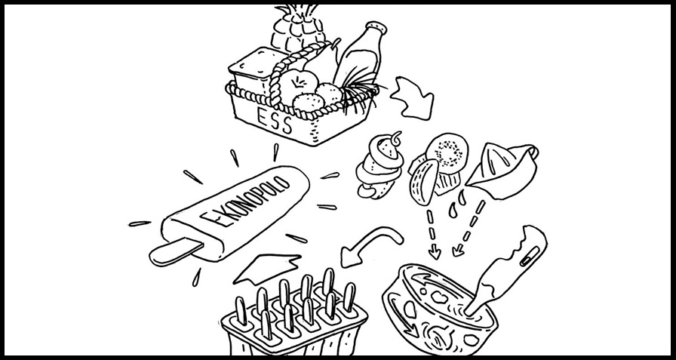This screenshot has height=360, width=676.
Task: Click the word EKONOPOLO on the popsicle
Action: [x=245, y=201]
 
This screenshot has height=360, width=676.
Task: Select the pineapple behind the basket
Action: [x=297, y=29]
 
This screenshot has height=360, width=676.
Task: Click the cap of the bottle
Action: [x=376, y=28]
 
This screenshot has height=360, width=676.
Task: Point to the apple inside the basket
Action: [x=298, y=85]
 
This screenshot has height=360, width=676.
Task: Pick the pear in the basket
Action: [x=322, y=62]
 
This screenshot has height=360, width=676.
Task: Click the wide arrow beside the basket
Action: [x=412, y=99]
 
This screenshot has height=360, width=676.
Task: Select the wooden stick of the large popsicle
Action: [x=175, y=252]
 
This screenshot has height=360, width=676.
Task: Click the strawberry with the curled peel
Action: [x=379, y=166]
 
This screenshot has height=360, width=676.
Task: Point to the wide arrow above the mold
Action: [x=266, y=268]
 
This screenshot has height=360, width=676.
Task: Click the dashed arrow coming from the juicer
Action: [x=469, y=229]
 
